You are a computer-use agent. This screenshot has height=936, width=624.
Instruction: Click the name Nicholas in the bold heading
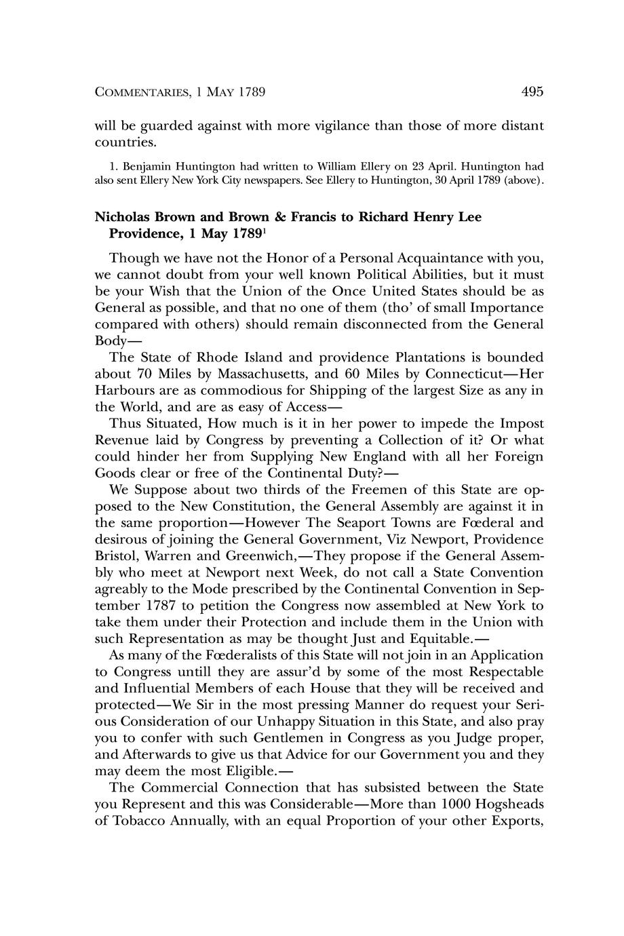123,218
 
